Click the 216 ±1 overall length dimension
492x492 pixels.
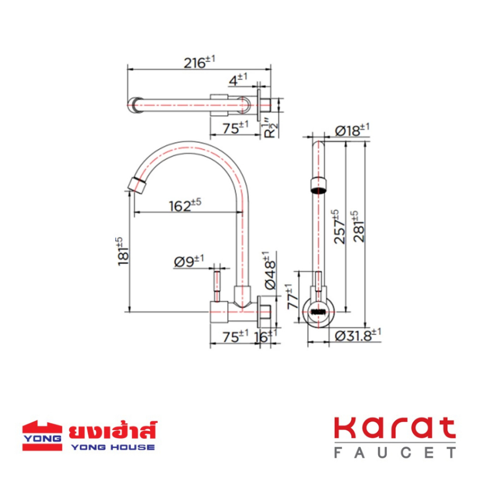[x=199, y=62]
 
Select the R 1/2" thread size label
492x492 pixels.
[x=270, y=128]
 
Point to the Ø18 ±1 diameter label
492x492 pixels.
[x=352, y=130]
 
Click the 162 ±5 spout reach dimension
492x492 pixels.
[x=185, y=206]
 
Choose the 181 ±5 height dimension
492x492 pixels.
[x=123, y=251]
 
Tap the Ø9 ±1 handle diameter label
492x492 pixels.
[x=189, y=261]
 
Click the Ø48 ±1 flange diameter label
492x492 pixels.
[x=270, y=271]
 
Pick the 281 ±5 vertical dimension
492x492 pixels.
[x=358, y=227]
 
